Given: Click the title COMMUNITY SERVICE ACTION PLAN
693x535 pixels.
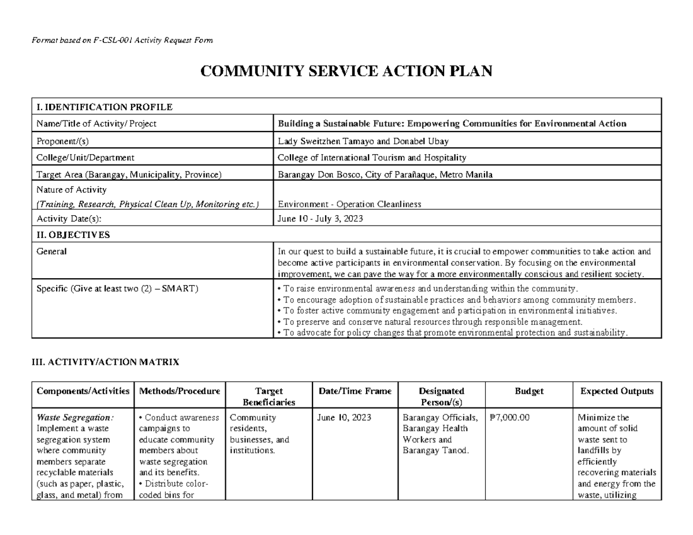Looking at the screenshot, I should coord(346,72).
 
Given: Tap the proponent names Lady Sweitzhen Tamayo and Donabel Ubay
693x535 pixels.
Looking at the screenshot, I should coord(363,140).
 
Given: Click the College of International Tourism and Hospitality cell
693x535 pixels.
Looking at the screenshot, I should coord(372,157).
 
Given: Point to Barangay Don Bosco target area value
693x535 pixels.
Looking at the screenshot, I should coord(385,174).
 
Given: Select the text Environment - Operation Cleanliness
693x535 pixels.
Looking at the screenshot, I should coord(349,204).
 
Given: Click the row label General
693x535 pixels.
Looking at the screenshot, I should coord(51,251).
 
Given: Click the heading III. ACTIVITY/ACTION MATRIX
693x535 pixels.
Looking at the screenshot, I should coord(105,362).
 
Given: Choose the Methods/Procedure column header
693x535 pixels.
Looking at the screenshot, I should coord(180,391).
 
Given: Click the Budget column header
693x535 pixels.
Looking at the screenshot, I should coord(529,391).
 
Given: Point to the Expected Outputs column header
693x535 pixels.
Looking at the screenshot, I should coord(617,391).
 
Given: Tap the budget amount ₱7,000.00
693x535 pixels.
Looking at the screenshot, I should coord(509,418).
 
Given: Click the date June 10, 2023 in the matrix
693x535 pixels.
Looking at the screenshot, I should coord(345,418).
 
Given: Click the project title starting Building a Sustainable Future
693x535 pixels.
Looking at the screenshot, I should coord(452,124).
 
